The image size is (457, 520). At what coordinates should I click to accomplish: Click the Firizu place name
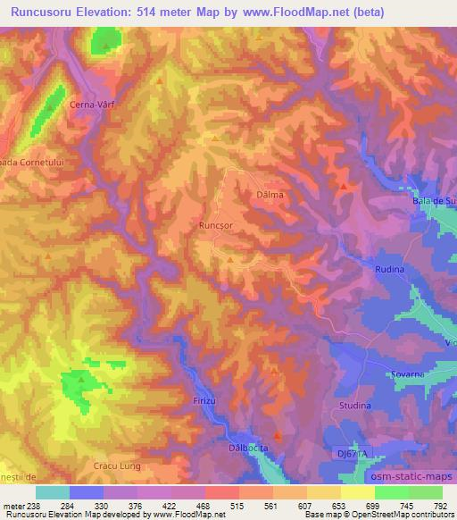(x=204, y=400)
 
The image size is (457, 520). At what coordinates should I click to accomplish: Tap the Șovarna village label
(x=406, y=374)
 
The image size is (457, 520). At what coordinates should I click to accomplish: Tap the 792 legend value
(x=440, y=505)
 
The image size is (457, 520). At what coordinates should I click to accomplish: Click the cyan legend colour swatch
(x=53, y=492)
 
